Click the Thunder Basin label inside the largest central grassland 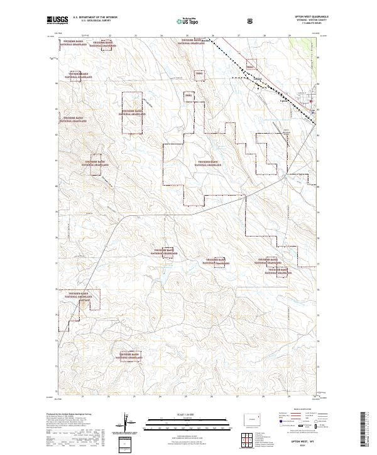pyautogui.click(x=209, y=163)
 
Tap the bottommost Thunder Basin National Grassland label pyautogui.click(x=126, y=356)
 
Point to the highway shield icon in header pyautogui.click(x=251, y=20)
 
